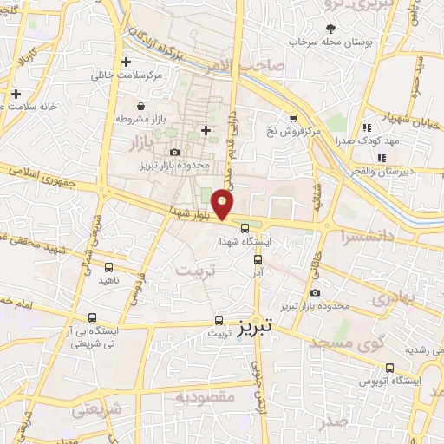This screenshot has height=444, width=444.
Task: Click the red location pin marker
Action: pos(223,204)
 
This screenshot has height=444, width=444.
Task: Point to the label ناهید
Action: pos(108,280)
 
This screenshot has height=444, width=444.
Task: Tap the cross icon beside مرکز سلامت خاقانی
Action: pos(127,62)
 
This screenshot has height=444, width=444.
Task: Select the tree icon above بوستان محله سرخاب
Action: pos(330,29)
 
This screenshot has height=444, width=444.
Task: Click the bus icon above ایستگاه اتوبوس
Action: pos(389,368)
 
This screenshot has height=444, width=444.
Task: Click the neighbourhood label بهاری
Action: pos(399,297)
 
